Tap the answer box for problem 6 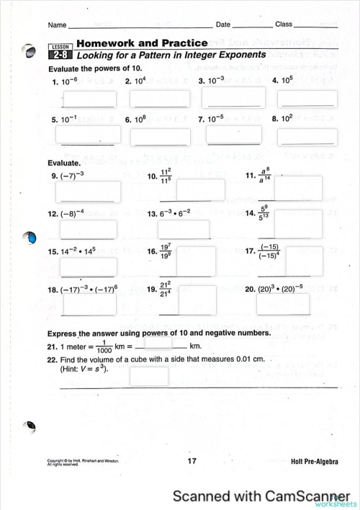(x=161, y=134)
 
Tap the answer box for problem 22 (x=149, y=376)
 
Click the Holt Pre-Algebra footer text (x=315, y=461)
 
